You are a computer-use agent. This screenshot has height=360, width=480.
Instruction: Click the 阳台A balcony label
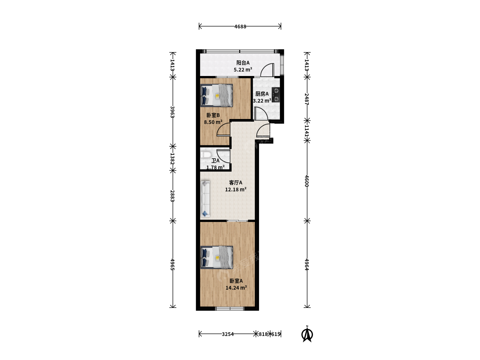tap(243, 63)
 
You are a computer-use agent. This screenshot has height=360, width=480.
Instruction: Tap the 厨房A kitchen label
tap(262, 94)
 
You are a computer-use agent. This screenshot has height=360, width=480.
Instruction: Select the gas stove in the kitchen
tap(276, 95)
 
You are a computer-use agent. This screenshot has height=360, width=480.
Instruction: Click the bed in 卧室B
tap(216, 96)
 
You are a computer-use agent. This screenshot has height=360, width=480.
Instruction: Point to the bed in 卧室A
tap(216, 257)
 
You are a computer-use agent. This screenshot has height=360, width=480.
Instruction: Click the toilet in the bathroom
tap(206, 155)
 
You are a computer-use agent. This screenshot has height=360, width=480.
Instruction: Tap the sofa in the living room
tap(205, 199)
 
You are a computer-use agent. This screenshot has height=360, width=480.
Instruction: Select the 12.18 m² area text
tap(236, 190)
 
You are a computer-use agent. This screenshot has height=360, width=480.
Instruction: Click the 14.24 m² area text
tap(236, 288)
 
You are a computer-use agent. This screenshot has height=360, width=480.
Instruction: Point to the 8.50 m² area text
tap(213, 122)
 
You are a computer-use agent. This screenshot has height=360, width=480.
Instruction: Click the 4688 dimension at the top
tap(240, 27)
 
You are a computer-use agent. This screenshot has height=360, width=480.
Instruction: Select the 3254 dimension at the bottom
tap(228, 334)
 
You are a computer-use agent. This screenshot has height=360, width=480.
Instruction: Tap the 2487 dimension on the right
tap(307, 99)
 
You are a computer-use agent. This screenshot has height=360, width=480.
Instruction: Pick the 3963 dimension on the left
tap(172, 112)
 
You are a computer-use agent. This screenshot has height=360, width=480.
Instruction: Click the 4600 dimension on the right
tap(307, 181)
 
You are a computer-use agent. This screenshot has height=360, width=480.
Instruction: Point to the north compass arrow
tap(307, 334)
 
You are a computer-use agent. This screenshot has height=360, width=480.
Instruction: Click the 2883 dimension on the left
tap(172, 196)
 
